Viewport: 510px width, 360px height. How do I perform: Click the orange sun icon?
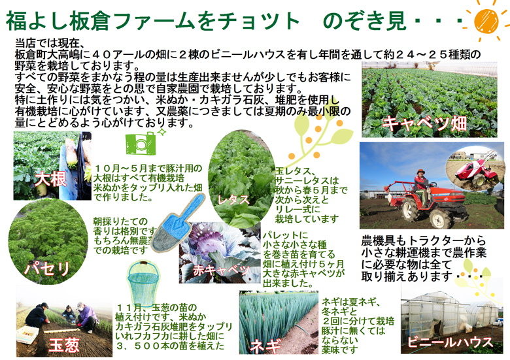click(x=486, y=21)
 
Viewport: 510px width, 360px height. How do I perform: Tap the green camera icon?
click(x=141, y=143)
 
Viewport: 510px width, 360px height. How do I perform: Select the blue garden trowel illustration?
click(x=178, y=223)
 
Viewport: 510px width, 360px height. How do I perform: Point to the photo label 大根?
click(x=50, y=179)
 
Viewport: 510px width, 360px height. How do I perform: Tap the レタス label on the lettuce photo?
click(x=233, y=199)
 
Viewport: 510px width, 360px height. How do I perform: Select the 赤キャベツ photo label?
click(x=221, y=270)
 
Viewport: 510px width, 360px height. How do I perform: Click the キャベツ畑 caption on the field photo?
click(x=425, y=123)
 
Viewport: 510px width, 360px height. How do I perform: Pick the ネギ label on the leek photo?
click(x=265, y=346)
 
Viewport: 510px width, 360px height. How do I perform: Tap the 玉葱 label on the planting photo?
click(x=64, y=345)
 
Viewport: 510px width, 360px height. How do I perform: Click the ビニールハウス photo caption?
click(x=450, y=342)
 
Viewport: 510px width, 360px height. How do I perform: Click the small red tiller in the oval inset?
click(x=474, y=172)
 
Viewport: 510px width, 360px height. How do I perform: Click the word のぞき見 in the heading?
click(x=364, y=21)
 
